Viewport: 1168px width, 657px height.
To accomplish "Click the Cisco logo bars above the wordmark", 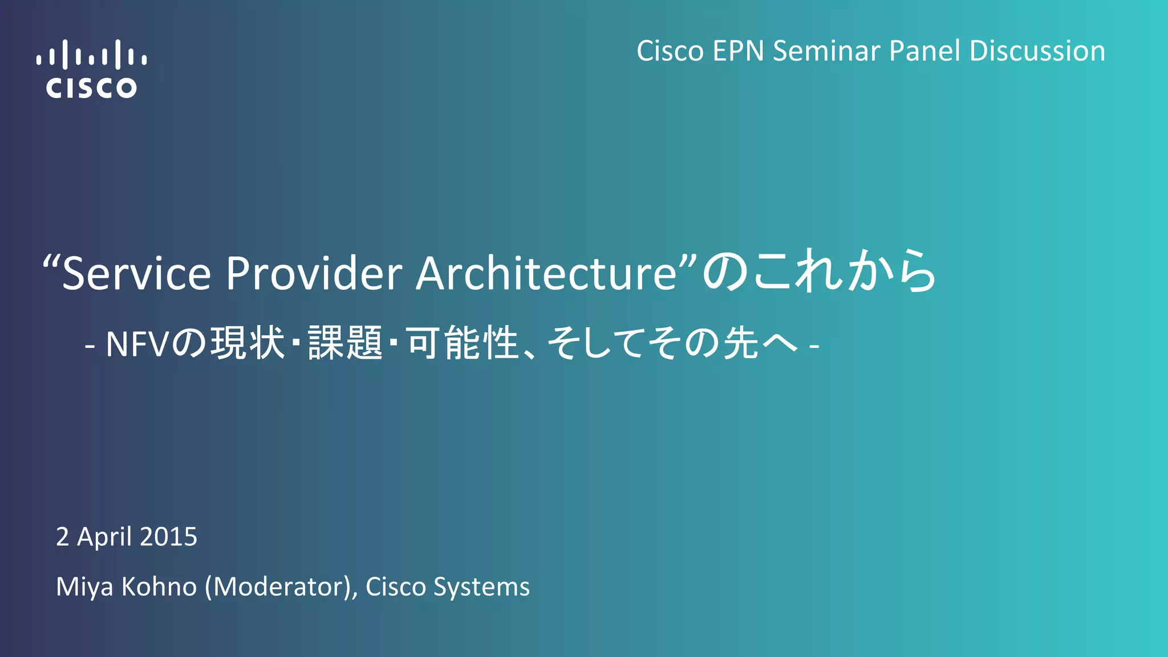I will click(91, 55).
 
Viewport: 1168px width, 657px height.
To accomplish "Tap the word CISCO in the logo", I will click(91, 88).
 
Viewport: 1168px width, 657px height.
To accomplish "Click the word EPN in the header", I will click(738, 51).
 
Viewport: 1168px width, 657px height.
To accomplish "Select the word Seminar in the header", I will click(826, 51).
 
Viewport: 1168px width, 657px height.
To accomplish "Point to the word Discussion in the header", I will click(1037, 51).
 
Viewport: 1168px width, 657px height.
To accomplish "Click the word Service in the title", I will click(136, 274).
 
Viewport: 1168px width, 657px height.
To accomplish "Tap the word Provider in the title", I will click(314, 274).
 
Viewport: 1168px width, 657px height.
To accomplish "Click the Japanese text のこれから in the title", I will click(819, 271).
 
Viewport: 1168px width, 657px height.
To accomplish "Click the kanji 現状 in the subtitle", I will click(248, 343).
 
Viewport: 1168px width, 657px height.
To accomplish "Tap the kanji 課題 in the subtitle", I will click(345, 343).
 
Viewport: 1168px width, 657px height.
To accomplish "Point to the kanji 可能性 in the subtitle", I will click(462, 343).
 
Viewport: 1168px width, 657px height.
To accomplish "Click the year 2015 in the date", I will click(168, 537).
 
